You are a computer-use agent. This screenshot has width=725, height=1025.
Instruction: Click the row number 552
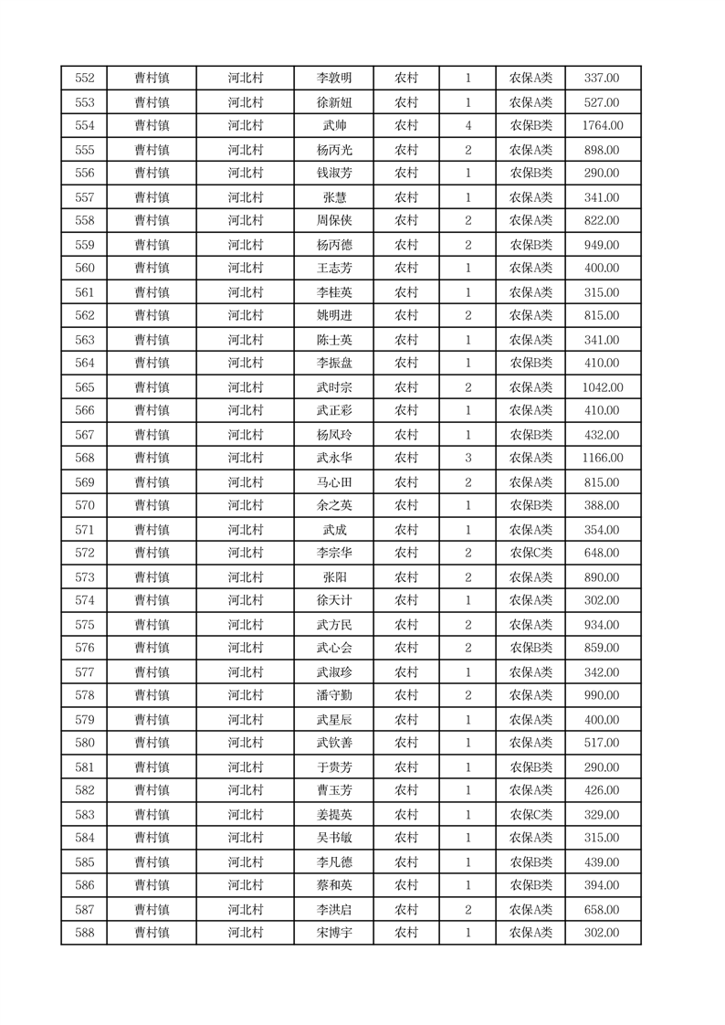[x=84, y=79]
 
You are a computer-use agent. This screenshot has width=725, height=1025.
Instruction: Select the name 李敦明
[x=333, y=79]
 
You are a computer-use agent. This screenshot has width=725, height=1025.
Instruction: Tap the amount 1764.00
[x=603, y=126]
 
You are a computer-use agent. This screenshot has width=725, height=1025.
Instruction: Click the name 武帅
[x=333, y=126]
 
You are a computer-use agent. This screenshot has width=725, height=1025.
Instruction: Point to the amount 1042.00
[x=603, y=387]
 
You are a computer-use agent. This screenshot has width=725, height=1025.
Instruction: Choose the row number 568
[x=84, y=459]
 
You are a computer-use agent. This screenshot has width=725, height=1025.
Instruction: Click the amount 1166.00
[x=603, y=459]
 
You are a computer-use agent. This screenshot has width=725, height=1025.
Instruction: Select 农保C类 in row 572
[x=531, y=554]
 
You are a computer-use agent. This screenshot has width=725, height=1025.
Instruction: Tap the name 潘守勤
[x=333, y=696]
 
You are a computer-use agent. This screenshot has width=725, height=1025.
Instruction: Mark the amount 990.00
[x=603, y=696]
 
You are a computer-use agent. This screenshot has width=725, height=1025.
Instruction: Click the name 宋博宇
[x=333, y=934]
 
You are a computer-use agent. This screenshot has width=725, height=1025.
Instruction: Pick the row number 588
[x=84, y=934]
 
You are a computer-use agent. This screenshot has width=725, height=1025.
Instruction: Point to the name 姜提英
[x=333, y=815]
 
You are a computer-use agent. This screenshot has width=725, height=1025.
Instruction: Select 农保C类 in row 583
[x=531, y=815]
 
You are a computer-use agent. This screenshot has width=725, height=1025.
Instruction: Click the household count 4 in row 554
[x=468, y=126]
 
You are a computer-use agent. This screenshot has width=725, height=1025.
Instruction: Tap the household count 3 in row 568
[x=468, y=459]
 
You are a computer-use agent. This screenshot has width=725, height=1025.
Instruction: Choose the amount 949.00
[x=603, y=245]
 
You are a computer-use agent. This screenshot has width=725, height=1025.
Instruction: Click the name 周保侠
[x=333, y=221]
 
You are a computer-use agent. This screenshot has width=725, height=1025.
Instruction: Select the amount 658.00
[x=603, y=910]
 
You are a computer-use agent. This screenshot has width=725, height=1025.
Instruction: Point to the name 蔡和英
[x=333, y=886]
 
